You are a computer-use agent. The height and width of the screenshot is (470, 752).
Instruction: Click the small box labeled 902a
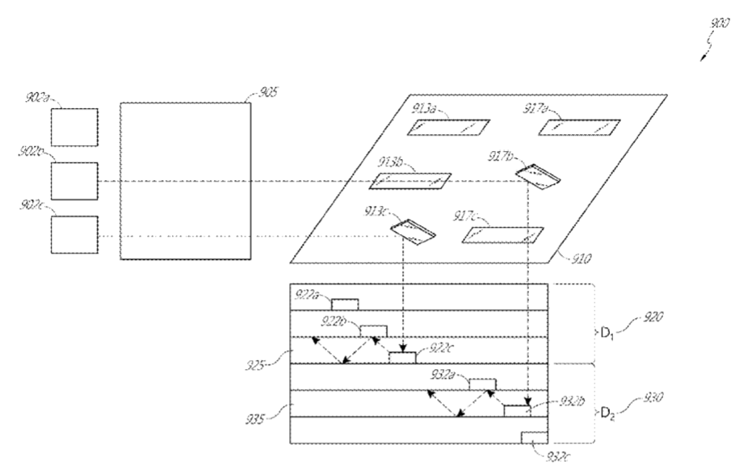tap(74, 128)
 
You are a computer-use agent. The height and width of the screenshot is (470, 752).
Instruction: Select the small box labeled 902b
tap(74, 181)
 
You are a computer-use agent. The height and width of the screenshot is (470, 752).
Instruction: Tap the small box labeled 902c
tap(74, 235)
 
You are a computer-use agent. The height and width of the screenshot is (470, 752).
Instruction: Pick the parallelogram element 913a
tap(448, 128)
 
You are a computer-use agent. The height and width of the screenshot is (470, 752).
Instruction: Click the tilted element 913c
tap(413, 230)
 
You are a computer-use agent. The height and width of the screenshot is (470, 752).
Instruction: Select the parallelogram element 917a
tap(579, 128)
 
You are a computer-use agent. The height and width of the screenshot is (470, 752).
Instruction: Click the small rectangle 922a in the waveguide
tap(345, 304)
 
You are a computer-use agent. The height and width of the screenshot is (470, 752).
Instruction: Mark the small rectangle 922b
tap(373, 331)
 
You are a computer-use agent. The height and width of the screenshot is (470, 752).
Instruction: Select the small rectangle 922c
tap(402, 358)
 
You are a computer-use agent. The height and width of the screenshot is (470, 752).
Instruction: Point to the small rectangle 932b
tap(516, 411)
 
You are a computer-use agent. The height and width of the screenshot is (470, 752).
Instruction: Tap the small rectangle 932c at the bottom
tap(533, 437)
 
